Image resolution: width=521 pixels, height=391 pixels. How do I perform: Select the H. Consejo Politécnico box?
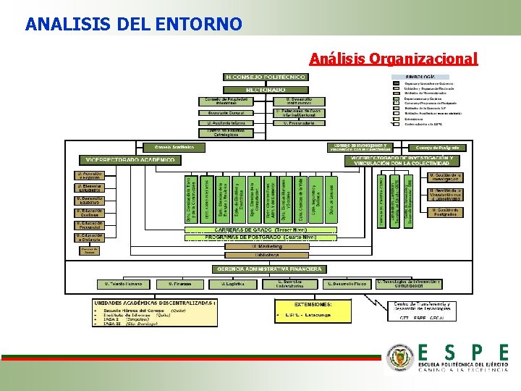click(x=266, y=76)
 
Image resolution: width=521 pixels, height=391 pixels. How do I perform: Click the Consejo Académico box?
click(x=174, y=147)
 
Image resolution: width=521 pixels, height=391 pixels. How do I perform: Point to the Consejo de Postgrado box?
click(x=441, y=147)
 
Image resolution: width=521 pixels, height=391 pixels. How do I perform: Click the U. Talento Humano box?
click(x=123, y=284)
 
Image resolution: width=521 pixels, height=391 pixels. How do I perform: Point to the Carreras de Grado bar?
click(x=266, y=230)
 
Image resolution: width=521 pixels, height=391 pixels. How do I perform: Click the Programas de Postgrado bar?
click(x=266, y=237)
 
